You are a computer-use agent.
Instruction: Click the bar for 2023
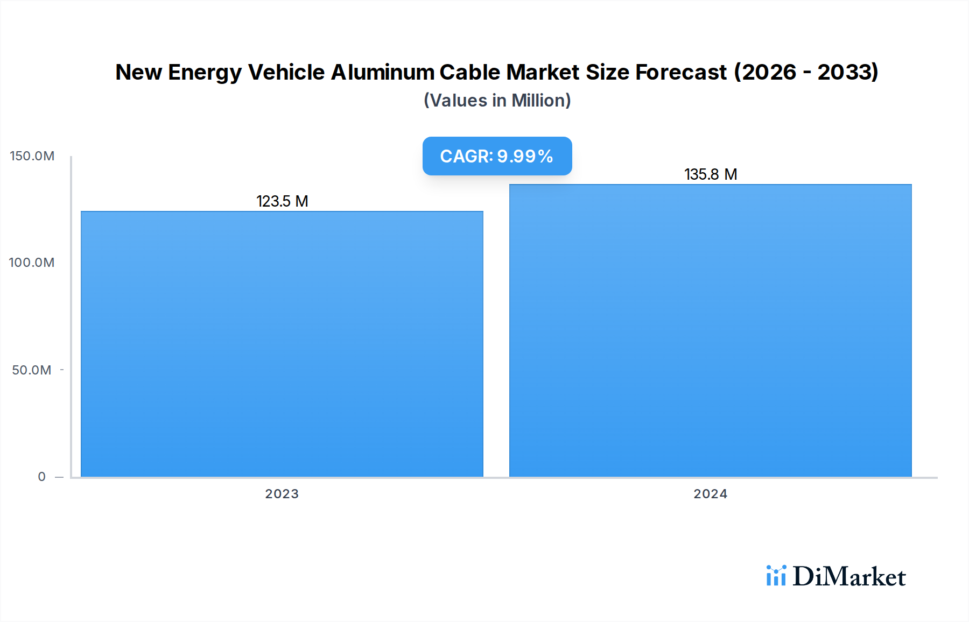click(x=282, y=344)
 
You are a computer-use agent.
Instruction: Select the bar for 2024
click(x=711, y=331)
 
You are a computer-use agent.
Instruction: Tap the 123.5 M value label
click(x=282, y=201)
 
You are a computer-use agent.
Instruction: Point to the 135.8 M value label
click(x=711, y=174)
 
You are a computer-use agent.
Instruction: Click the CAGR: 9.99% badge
click(x=497, y=156)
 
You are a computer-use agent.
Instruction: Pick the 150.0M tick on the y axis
click(x=32, y=156)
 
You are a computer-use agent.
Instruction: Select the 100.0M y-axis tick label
click(x=32, y=263)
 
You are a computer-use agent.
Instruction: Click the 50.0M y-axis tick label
click(x=32, y=370)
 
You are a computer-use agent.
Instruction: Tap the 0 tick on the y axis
click(x=41, y=477)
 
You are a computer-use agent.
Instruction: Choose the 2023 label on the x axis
click(x=282, y=494)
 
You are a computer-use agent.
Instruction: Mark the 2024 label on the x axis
click(x=710, y=494)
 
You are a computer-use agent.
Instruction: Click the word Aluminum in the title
click(x=383, y=72)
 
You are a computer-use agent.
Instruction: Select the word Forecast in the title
click(x=681, y=72)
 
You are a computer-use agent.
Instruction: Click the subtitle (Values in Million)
click(x=497, y=101)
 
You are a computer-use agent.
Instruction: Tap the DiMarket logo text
click(x=849, y=577)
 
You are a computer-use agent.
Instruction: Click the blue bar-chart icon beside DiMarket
click(x=776, y=576)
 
